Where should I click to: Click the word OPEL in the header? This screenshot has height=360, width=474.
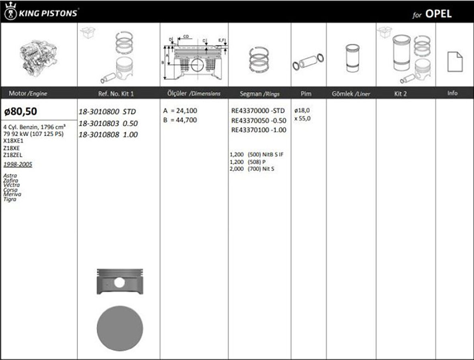438,14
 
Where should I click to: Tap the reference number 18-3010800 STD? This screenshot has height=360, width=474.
107,112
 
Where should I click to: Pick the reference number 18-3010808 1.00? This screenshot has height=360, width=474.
108,135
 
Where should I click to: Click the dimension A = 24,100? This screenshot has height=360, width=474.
180,111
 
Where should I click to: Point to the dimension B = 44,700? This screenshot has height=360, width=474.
180,120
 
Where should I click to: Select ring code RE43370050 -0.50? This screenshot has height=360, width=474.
259,121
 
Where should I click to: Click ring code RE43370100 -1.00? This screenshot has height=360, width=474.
259,130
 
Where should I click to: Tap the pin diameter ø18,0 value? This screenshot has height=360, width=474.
302,110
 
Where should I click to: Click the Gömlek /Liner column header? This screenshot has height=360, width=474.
351,94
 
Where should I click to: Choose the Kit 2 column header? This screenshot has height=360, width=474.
400,94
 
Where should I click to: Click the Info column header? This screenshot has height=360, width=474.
452,93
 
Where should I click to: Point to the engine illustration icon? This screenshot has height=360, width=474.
39,56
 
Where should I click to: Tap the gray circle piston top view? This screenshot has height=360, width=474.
120,328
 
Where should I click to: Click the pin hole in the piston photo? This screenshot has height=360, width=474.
119,282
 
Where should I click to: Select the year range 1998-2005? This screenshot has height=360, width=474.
18,164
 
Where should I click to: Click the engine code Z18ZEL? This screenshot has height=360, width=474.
13,155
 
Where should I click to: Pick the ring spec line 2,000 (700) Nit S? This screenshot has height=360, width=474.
252,169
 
